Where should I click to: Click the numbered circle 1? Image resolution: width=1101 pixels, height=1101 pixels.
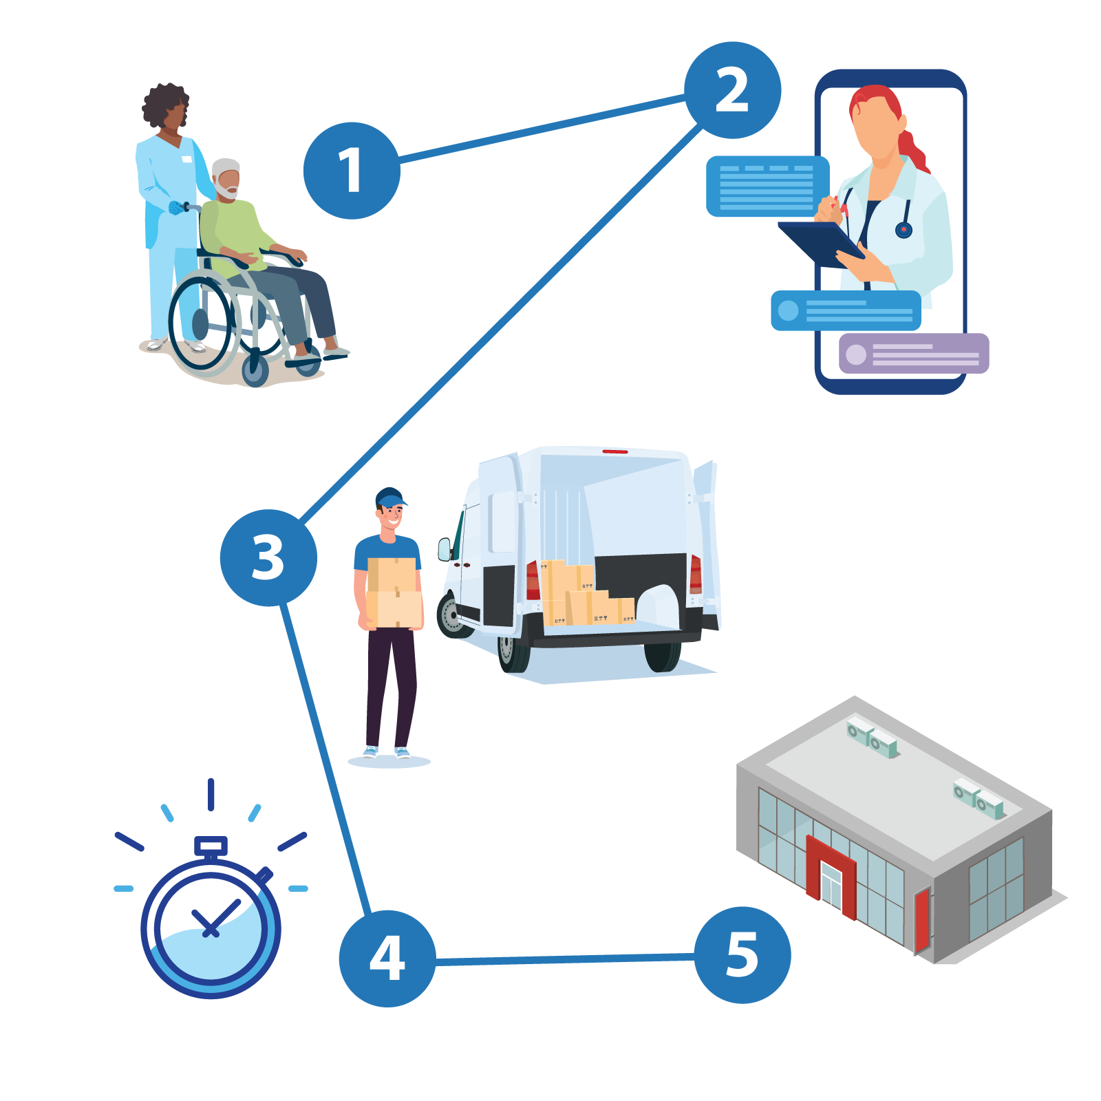(x=352, y=171)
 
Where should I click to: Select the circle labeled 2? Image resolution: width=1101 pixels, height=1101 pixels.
(x=732, y=90)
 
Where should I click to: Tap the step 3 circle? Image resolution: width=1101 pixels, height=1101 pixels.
(x=268, y=557)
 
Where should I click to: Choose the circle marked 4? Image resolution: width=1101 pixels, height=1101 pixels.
(x=387, y=958)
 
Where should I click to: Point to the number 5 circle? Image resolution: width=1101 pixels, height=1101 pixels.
(x=742, y=954)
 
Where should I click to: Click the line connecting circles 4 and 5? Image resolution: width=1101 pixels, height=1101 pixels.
(x=564, y=959)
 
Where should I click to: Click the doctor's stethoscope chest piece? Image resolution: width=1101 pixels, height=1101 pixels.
(x=904, y=230)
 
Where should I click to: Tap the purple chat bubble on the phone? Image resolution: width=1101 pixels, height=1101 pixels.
(x=914, y=354)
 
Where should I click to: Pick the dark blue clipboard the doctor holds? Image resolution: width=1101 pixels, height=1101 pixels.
(x=819, y=243)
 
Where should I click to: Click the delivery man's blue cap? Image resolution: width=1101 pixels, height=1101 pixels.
(x=390, y=497)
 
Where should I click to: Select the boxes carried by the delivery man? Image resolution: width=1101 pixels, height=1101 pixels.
(x=393, y=592)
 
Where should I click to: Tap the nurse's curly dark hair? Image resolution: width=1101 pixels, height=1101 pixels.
(x=165, y=105)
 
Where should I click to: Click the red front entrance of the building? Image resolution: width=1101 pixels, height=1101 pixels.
(x=831, y=874)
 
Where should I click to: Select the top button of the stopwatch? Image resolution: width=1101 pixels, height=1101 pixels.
(x=211, y=845)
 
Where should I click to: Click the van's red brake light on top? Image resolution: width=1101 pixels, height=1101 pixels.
(x=615, y=451)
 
